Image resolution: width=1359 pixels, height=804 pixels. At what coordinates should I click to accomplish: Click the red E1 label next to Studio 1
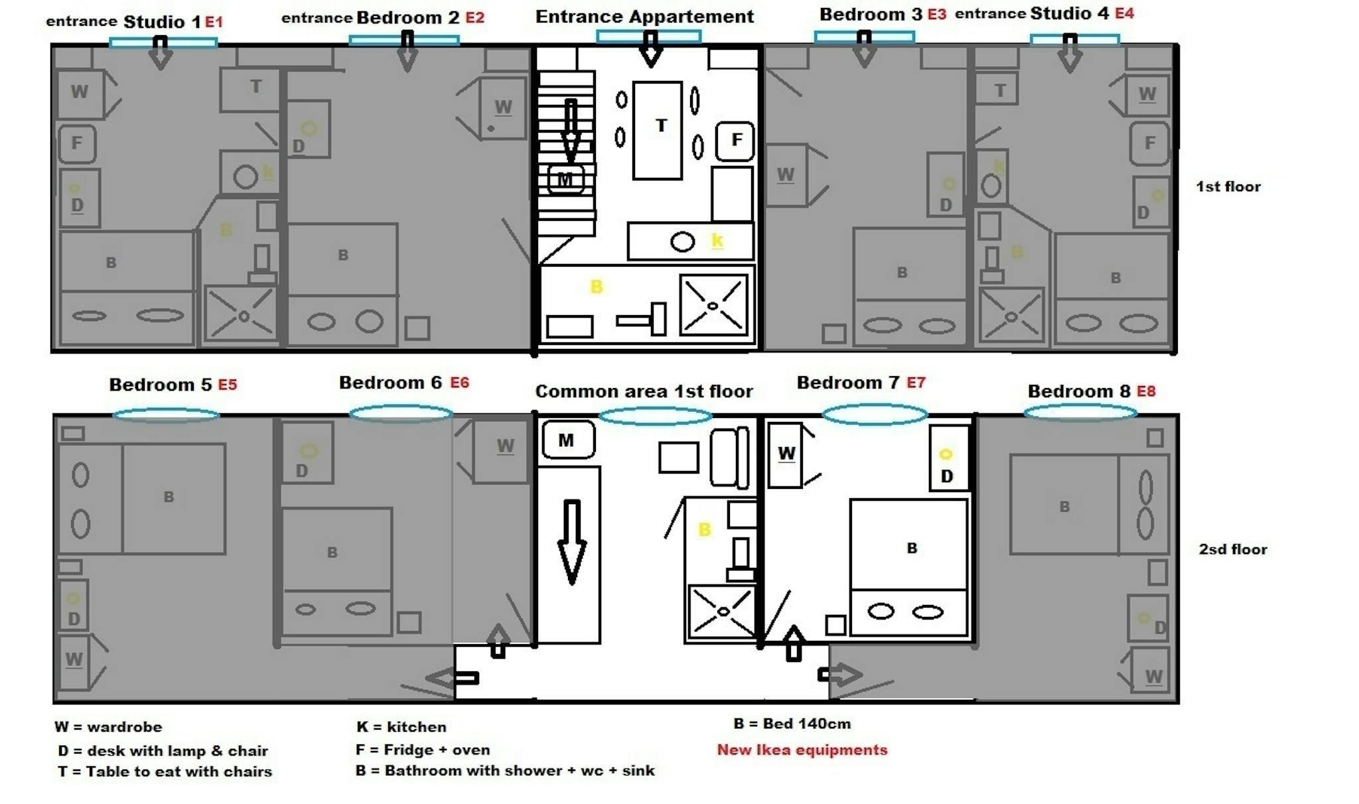[214, 22]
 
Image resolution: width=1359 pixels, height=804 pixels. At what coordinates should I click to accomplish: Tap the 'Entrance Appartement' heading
[644, 17]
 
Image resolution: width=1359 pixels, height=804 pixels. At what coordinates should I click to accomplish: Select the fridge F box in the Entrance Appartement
[735, 141]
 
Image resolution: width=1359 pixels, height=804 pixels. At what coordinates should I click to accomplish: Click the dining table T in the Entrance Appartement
[658, 129]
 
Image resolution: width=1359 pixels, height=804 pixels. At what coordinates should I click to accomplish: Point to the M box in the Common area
[568, 440]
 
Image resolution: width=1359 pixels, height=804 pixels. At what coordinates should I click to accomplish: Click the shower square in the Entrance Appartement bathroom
[713, 305]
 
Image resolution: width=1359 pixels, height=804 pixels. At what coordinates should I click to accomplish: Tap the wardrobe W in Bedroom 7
[786, 455]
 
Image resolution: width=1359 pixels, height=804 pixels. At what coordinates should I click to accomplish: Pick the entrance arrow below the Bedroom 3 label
[863, 50]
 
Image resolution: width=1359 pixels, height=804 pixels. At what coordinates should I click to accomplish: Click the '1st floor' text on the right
[1228, 187]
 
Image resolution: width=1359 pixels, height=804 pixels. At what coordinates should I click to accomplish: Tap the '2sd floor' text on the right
[1232, 549]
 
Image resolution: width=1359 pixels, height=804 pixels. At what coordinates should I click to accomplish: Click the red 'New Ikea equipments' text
[802, 750]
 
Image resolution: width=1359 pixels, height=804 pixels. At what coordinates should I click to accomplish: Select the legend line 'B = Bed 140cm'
[792, 724]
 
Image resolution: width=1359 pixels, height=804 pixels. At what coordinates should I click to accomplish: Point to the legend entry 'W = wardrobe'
[108, 727]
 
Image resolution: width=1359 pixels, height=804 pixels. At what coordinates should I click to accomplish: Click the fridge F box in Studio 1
[77, 143]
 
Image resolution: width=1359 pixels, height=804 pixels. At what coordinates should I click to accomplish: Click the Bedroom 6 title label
[390, 383]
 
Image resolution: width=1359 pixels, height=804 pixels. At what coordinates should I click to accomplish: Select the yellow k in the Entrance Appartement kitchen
[717, 239]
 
